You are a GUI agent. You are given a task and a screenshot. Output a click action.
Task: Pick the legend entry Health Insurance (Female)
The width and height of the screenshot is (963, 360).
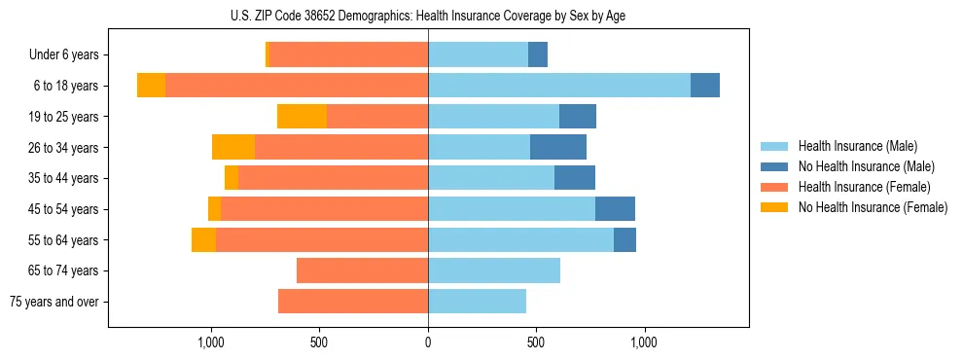pos(857,187)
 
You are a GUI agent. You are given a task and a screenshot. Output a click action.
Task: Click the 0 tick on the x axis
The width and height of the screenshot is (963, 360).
pos(428,342)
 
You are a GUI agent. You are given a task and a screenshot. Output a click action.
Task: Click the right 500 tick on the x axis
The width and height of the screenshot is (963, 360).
pos(536,342)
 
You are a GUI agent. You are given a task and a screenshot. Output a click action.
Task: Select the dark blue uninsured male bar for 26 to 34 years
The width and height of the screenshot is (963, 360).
pos(558,147)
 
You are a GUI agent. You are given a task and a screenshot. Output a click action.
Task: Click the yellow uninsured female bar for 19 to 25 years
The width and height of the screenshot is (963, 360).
pos(302,117)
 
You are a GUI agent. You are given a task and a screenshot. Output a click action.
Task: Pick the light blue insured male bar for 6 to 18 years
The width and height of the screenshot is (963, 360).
pos(559,86)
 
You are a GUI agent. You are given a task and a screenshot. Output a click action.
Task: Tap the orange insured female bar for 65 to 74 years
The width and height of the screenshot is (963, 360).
pos(362,270)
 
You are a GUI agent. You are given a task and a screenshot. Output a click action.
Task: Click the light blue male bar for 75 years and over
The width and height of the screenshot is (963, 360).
pos(477,302)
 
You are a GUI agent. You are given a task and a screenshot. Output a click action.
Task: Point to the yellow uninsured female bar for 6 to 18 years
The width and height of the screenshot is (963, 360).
pos(151,86)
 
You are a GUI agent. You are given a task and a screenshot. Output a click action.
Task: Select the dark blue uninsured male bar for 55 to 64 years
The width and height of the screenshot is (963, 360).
pos(624,239)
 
